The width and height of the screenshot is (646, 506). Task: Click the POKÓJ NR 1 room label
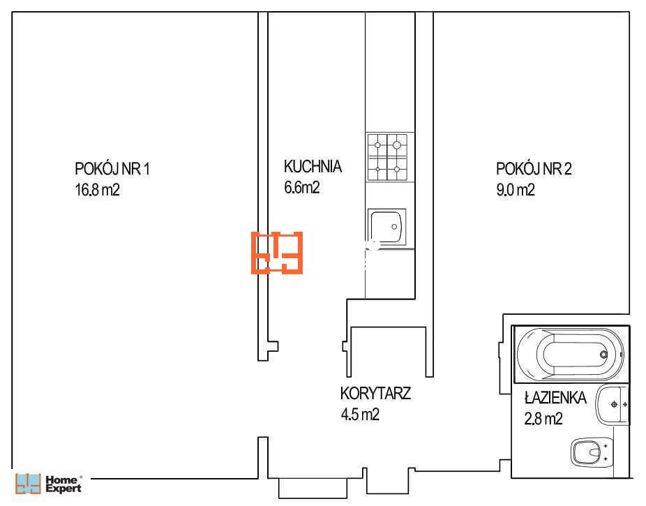click(x=112, y=168)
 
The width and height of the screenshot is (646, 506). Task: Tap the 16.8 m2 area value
click(x=97, y=190)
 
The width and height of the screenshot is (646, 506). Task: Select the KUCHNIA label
click(x=313, y=167)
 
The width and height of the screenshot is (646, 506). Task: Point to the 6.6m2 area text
click(x=301, y=188)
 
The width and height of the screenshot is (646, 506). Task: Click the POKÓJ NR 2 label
click(x=534, y=168)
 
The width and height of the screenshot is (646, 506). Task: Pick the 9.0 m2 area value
click(x=516, y=190)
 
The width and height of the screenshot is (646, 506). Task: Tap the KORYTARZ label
click(x=375, y=394)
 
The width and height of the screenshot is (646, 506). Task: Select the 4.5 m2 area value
click(x=360, y=415)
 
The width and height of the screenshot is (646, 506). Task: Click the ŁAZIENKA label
click(x=555, y=397)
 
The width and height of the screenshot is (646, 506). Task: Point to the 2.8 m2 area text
click(x=543, y=419)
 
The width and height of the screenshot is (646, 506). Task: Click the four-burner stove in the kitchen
click(x=387, y=157)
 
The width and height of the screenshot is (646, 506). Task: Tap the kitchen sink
click(x=386, y=227)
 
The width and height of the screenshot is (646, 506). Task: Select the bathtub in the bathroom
click(x=571, y=355)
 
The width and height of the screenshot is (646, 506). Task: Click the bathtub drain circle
click(x=603, y=355)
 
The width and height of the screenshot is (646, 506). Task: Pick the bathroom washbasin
click(x=612, y=405)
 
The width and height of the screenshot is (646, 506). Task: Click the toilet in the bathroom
click(x=592, y=452)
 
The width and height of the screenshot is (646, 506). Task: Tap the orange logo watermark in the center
click(x=277, y=253)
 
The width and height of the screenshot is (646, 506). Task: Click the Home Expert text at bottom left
click(x=63, y=484)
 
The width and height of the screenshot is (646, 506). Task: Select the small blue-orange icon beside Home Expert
click(x=28, y=484)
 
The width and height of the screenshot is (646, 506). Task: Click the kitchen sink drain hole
click(x=394, y=227)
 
